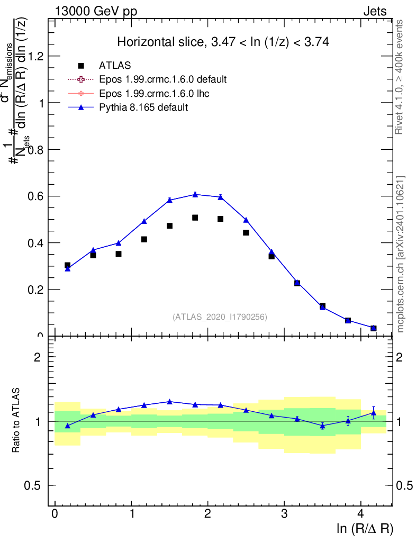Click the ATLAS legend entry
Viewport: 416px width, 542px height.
[115, 66]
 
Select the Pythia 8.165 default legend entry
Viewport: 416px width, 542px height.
[143, 107]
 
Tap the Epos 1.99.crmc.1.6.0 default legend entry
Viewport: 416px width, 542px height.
[162, 79]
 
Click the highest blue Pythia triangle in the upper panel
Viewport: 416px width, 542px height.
[195, 194]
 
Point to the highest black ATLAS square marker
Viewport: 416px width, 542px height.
[195, 218]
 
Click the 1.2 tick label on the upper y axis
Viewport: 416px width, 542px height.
[36, 56]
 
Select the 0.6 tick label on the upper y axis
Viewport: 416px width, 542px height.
[36, 196]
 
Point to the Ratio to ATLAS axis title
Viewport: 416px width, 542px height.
[16, 421]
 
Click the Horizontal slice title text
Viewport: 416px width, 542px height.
[223, 42]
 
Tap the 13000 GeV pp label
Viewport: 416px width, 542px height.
[95, 11]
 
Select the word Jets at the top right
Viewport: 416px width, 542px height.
[374, 11]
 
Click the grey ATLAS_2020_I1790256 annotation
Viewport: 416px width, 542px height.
[220, 317]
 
